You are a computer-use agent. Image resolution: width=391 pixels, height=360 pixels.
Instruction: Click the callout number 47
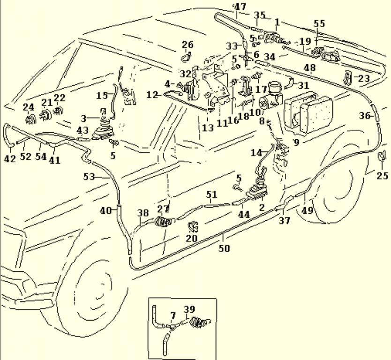coord(240,7)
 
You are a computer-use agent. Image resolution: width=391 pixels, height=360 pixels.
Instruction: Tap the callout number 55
coord(319,23)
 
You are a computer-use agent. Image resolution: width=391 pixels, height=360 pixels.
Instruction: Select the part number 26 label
coord(188,45)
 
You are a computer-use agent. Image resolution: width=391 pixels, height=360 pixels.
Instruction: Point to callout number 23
coord(364,79)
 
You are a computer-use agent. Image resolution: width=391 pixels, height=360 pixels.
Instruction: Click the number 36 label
coord(365,116)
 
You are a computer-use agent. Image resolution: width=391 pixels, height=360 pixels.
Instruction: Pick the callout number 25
coord(383,176)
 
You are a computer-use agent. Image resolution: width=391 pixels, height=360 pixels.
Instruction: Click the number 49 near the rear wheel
coord(307,210)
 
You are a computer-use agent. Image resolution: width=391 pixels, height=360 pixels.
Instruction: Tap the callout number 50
coord(225,248)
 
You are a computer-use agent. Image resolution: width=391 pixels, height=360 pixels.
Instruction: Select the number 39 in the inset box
coord(189,309)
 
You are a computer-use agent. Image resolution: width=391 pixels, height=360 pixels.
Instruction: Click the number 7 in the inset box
coord(173,315)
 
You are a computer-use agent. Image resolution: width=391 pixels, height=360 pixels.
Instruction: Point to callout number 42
coord(10,159)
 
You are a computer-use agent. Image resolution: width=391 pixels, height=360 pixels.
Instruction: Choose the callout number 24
coord(29,107)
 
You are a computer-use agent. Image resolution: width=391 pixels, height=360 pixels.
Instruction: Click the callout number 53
coord(89,177)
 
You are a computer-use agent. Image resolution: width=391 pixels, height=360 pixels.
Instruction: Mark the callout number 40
coord(105,210)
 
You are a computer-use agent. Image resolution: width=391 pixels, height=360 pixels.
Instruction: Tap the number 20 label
coord(191,238)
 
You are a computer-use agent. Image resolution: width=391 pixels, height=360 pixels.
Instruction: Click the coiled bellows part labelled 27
coord(163,222)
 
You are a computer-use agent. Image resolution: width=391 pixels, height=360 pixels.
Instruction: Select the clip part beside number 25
coord(383,157)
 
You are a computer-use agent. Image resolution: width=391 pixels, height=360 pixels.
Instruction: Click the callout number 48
coord(309,68)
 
